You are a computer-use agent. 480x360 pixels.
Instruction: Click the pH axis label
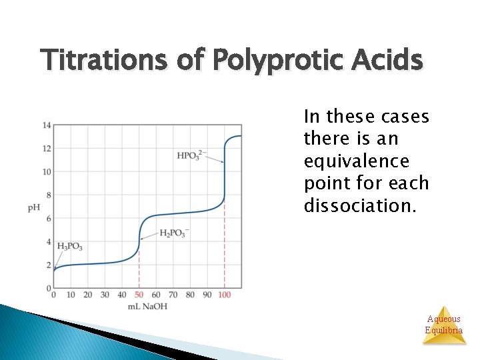pos(34,207)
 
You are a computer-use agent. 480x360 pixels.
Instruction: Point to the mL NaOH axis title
pos(148,306)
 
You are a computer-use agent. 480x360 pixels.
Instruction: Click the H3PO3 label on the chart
pos(70,247)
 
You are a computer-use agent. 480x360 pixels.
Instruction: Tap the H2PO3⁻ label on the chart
pos(174,233)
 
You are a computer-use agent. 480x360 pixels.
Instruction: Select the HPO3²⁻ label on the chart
pos(191,155)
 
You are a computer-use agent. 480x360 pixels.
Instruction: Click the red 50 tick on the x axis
pos(139,295)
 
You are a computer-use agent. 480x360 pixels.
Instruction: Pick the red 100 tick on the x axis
pos(224,295)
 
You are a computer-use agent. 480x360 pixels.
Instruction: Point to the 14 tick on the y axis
pos(47,125)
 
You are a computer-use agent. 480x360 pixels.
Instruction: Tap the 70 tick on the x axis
pos(173,295)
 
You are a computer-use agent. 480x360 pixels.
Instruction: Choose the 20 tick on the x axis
pos(87,295)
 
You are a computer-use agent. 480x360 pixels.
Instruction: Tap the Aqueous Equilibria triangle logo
pos(444,325)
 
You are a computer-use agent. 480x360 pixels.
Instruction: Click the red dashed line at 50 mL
pos(139,267)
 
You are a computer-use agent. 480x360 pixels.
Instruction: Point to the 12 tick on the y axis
pos(47,149)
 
